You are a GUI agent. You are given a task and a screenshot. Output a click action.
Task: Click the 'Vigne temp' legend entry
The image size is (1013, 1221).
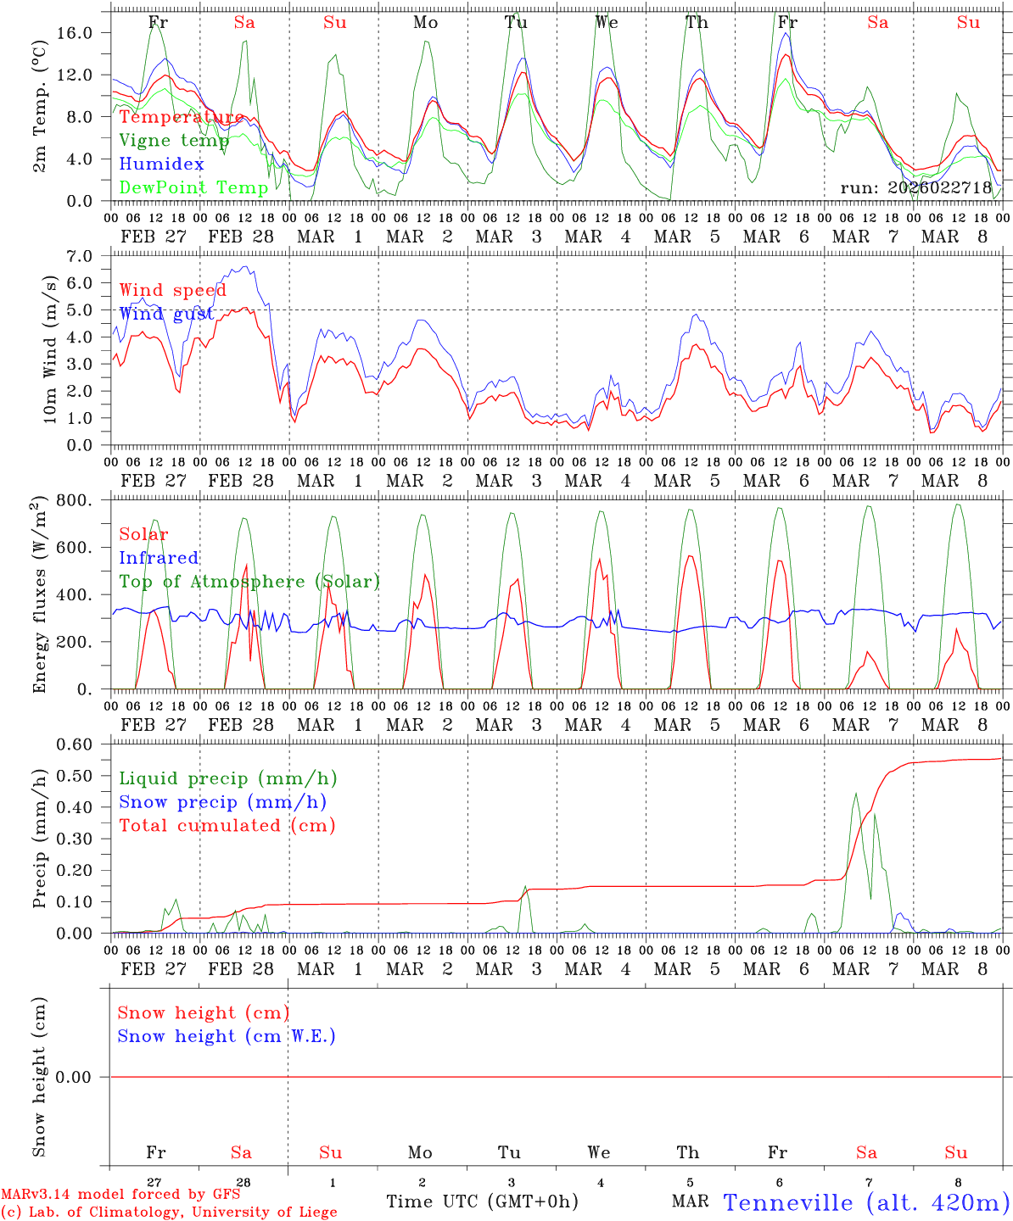click(174, 141)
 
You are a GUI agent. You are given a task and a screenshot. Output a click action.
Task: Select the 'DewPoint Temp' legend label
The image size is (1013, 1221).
click(193, 187)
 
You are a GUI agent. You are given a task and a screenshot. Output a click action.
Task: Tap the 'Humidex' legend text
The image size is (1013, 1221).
click(161, 164)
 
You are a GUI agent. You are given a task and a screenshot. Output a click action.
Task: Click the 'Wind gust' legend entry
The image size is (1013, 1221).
click(166, 315)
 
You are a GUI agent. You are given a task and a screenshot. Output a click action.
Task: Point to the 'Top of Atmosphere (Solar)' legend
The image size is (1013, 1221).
click(249, 582)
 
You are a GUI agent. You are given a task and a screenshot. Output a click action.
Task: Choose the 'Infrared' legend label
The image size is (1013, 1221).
click(159, 558)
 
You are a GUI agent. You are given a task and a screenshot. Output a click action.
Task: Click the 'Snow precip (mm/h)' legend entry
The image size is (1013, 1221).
click(222, 802)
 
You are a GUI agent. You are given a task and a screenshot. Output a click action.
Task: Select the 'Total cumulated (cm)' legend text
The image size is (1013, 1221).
click(227, 826)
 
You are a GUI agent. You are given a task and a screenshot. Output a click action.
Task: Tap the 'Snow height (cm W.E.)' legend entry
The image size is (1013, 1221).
click(227, 1036)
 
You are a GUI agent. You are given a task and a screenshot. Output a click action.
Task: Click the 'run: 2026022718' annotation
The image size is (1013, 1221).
click(916, 188)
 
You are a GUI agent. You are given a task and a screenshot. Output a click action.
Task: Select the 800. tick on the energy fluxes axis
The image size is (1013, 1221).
click(85, 500)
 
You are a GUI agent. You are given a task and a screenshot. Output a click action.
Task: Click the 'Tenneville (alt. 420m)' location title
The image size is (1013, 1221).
click(866, 1202)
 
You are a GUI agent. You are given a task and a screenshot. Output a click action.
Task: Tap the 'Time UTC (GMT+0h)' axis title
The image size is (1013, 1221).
click(483, 1201)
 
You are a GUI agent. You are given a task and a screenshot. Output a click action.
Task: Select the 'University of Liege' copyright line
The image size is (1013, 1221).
click(169, 1213)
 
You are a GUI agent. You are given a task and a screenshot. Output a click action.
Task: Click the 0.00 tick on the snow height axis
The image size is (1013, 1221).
click(85, 1077)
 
